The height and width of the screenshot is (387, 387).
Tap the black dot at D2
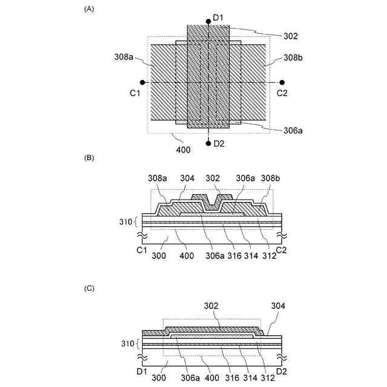click(x=208, y=143)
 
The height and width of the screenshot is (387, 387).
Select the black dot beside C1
click(x=142, y=82)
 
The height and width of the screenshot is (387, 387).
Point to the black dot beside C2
click(x=282, y=82)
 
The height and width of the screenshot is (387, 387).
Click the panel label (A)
click(x=90, y=10)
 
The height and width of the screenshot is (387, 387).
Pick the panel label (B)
click(x=90, y=158)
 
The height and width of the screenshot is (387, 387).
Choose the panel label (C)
click(x=90, y=288)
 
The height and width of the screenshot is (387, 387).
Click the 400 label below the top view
click(x=183, y=149)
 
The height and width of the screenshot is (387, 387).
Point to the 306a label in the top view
click(x=293, y=130)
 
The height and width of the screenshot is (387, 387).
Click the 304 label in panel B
click(x=187, y=179)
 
